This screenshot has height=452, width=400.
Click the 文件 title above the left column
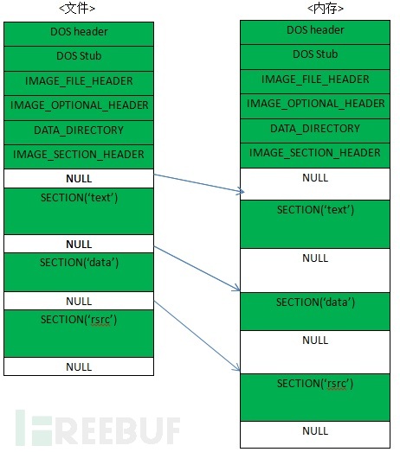point(77,8)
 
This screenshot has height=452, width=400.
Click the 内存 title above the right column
point(326,8)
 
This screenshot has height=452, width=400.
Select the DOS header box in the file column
point(79,34)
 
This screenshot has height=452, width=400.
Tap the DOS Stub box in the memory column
point(315,57)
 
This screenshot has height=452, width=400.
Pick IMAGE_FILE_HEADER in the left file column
point(79,81)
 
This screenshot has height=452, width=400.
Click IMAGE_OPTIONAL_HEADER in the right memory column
point(315,104)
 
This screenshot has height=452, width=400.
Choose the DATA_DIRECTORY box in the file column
point(79,132)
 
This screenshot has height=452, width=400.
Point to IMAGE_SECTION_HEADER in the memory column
point(315,153)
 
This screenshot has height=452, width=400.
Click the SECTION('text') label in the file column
point(79,198)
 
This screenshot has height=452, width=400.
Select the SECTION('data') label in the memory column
point(315,302)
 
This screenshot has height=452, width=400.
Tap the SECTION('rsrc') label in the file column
point(79,320)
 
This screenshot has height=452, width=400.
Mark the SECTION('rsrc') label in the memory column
point(315,384)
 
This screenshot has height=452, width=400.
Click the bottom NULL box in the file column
point(79,366)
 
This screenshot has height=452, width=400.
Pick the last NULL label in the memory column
point(315,431)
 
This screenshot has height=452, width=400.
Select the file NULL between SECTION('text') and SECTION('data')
point(79,244)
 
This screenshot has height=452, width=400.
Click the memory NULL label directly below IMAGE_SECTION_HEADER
point(315,177)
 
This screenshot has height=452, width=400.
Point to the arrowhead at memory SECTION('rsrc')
point(237,368)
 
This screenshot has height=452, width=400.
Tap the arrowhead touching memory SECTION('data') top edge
point(237,289)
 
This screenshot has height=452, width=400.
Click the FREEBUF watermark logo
point(98,427)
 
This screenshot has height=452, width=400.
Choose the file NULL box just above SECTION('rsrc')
point(79,301)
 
